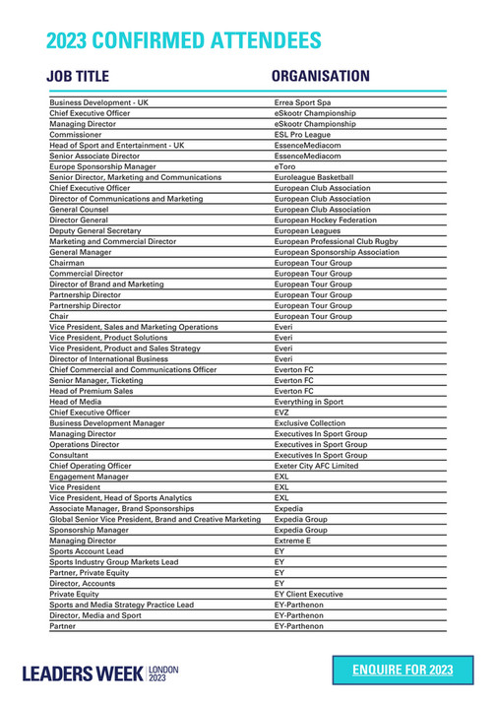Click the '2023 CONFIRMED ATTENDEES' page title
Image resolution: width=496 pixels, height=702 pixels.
click(x=184, y=40)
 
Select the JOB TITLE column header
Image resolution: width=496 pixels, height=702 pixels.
click(x=78, y=77)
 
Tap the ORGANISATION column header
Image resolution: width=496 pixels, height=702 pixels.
click(x=320, y=77)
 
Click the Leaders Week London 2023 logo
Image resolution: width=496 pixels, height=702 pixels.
click(x=101, y=673)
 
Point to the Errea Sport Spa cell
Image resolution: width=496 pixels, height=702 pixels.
click(x=302, y=102)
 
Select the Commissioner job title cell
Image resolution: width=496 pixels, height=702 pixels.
click(x=74, y=135)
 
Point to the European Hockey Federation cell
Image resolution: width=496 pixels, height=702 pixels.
click(x=325, y=221)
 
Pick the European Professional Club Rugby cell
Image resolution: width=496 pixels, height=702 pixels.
click(x=336, y=241)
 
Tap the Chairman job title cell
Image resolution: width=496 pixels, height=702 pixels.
click(x=67, y=263)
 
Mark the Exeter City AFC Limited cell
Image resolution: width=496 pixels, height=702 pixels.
click(x=316, y=466)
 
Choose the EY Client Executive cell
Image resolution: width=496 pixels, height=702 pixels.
click(x=308, y=594)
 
